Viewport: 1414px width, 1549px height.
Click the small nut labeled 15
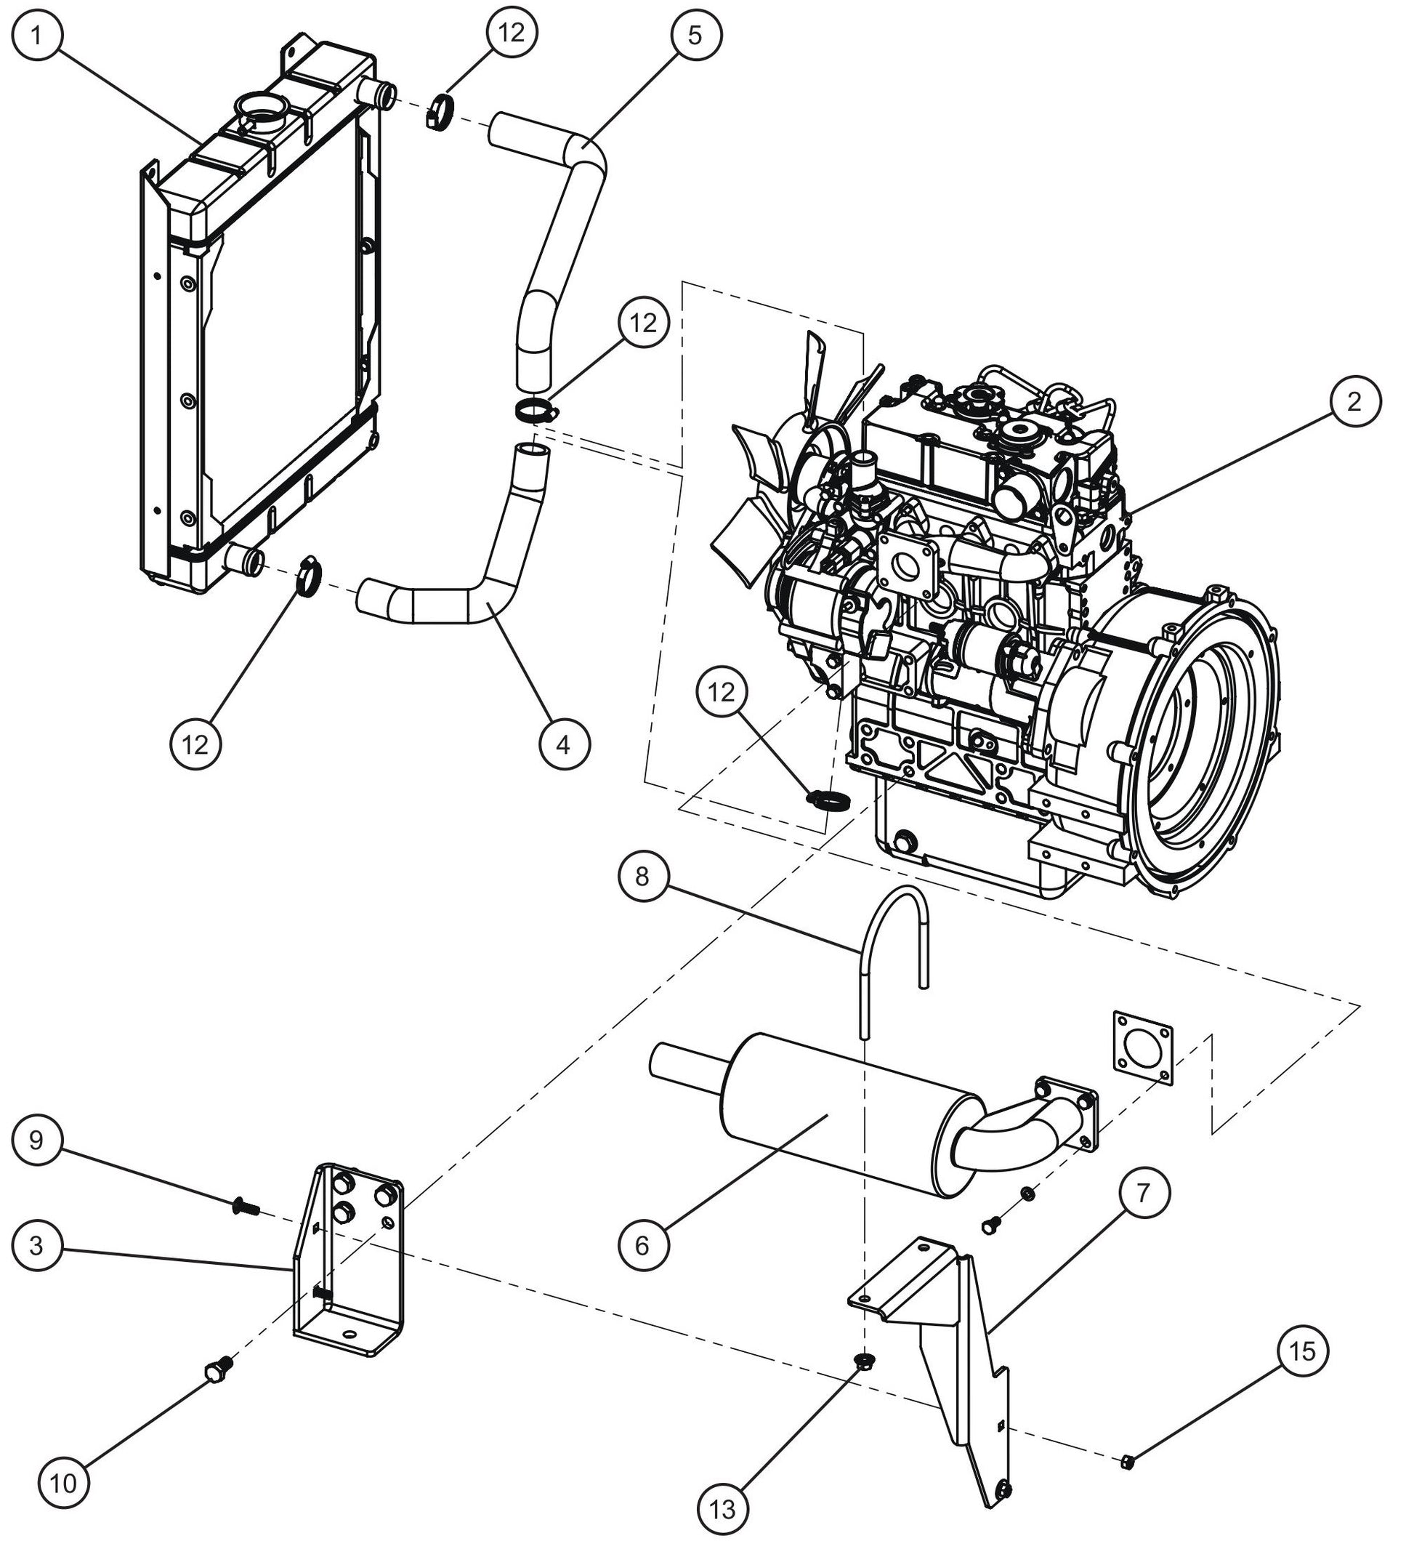point(1128,1459)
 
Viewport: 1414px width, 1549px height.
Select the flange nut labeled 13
point(864,1362)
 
